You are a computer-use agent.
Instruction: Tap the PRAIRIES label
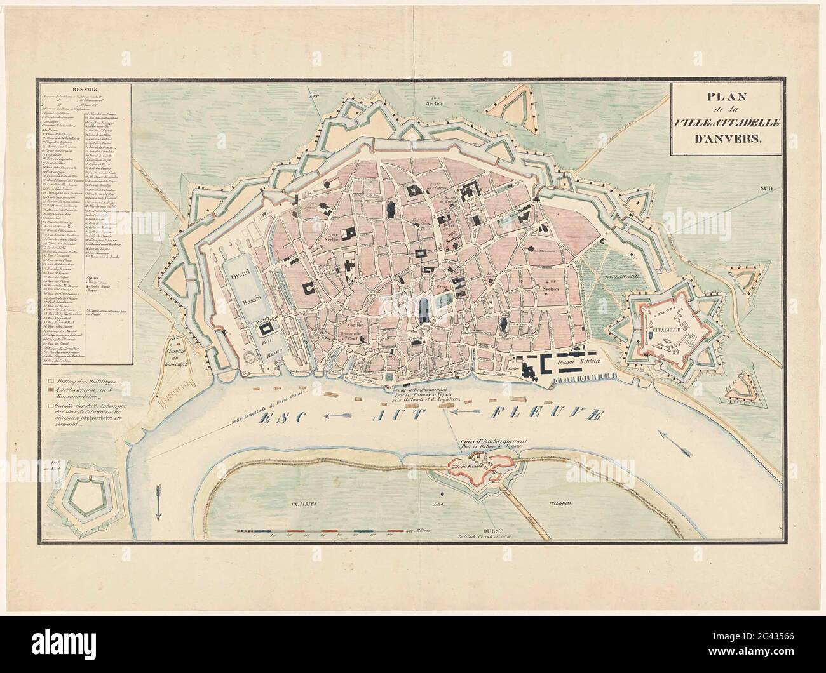pos(306,502)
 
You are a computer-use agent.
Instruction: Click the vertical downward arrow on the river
pos(158,502)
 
